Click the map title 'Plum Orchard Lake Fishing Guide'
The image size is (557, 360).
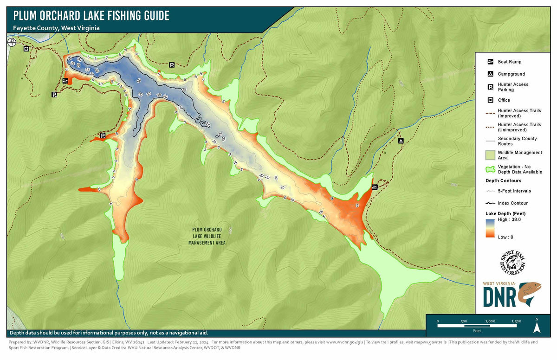tap(91, 16)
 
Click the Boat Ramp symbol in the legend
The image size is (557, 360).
tap(490, 62)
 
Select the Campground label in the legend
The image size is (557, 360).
tap(511, 74)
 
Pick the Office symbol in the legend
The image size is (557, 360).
tap(490, 100)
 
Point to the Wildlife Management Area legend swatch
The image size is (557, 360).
tap(490, 155)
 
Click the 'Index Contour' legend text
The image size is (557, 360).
tap(512, 203)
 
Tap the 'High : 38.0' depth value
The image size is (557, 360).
tap(509, 219)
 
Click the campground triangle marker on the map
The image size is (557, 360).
tap(401, 140)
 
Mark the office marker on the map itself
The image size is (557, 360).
tap(26, 48)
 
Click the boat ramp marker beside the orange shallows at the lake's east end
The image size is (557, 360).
tap(375, 187)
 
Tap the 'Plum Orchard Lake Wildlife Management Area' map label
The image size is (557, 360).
tap(207, 236)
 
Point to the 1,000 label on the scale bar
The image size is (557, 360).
tap(490, 321)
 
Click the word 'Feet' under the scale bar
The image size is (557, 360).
tap(477, 331)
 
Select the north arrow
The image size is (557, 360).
tap(537, 326)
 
